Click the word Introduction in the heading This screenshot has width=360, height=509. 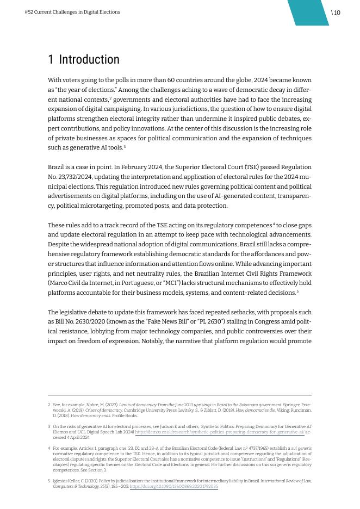pos(89,59)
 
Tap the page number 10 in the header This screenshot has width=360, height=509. pos(337,13)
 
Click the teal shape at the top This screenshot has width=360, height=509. pos(308,13)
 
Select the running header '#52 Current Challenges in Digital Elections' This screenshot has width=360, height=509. pos(72,12)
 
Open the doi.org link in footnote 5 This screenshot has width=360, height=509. pos(173,486)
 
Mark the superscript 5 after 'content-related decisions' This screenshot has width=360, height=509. pos(297,291)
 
